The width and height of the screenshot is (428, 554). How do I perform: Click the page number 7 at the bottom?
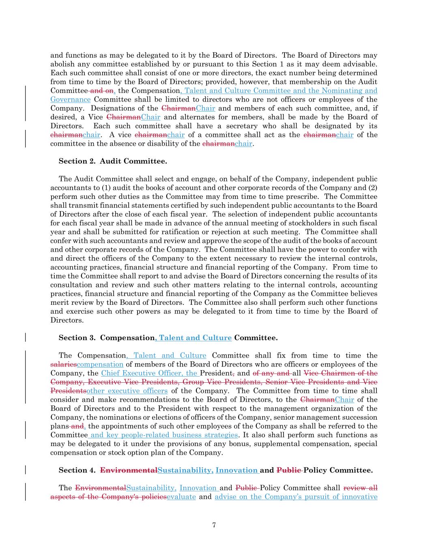(x=214, y=525)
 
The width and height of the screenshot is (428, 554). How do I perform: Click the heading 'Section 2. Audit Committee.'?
(x=112, y=162)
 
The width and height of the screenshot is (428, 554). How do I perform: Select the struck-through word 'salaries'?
(x=63, y=364)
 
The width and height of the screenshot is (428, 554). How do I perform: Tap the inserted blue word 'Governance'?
(x=70, y=99)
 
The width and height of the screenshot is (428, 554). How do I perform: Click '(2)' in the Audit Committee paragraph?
(x=372, y=188)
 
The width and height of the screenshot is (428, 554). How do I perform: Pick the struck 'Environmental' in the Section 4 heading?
(x=129, y=470)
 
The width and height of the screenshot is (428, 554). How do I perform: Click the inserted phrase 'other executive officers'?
(x=127, y=391)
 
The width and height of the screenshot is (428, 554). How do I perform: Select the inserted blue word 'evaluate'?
(x=181, y=497)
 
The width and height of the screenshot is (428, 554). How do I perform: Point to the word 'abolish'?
(x=62, y=64)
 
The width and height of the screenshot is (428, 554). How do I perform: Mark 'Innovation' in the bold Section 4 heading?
(x=237, y=470)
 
